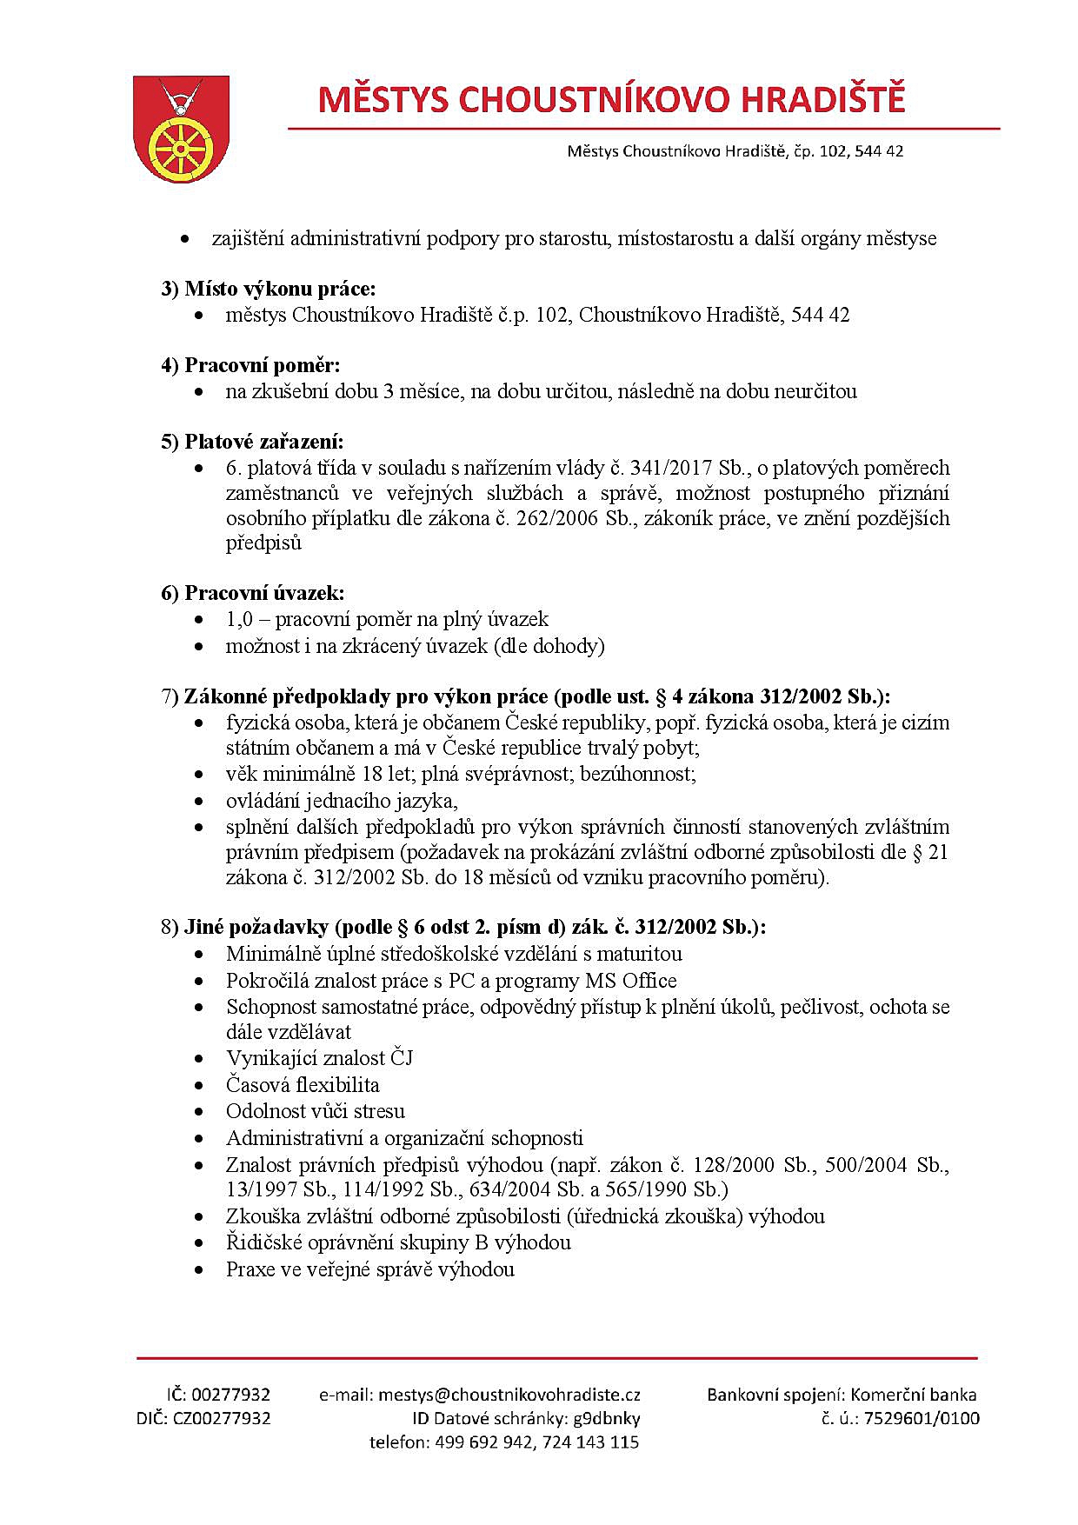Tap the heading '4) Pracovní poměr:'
[250, 365]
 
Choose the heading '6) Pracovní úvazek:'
[252, 593]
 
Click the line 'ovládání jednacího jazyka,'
[342, 800]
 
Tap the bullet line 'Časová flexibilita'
[303, 1085]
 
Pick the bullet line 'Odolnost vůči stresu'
[316, 1111]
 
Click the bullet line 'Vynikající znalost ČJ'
[319, 1058]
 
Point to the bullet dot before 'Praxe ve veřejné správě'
[201, 1270]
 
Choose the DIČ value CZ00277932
[222, 1418]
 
